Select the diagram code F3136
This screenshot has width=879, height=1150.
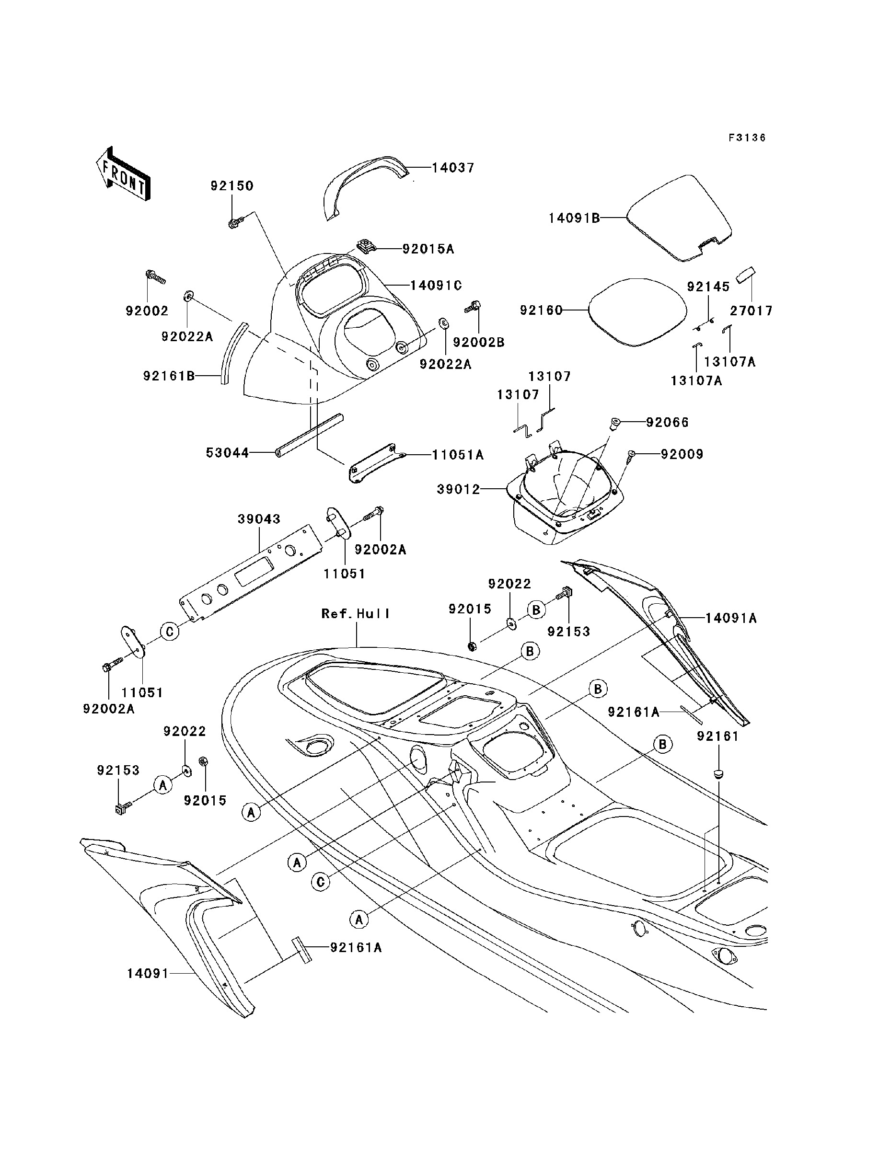click(747, 138)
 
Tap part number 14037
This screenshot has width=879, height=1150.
click(452, 168)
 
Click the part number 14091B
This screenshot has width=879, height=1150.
click(574, 218)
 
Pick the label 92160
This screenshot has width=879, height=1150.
click(541, 310)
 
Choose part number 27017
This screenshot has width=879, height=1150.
click(752, 310)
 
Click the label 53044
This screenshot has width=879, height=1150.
click(227, 452)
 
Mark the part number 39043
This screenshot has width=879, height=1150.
click(259, 519)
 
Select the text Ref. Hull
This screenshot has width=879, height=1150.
click(356, 613)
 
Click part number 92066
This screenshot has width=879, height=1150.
click(667, 422)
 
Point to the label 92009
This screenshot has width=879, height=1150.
click(682, 454)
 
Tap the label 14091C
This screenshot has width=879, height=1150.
click(436, 285)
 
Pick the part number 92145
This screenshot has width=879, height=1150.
click(708, 287)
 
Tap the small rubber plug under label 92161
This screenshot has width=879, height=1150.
click(718, 774)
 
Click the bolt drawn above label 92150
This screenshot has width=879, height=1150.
click(233, 223)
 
